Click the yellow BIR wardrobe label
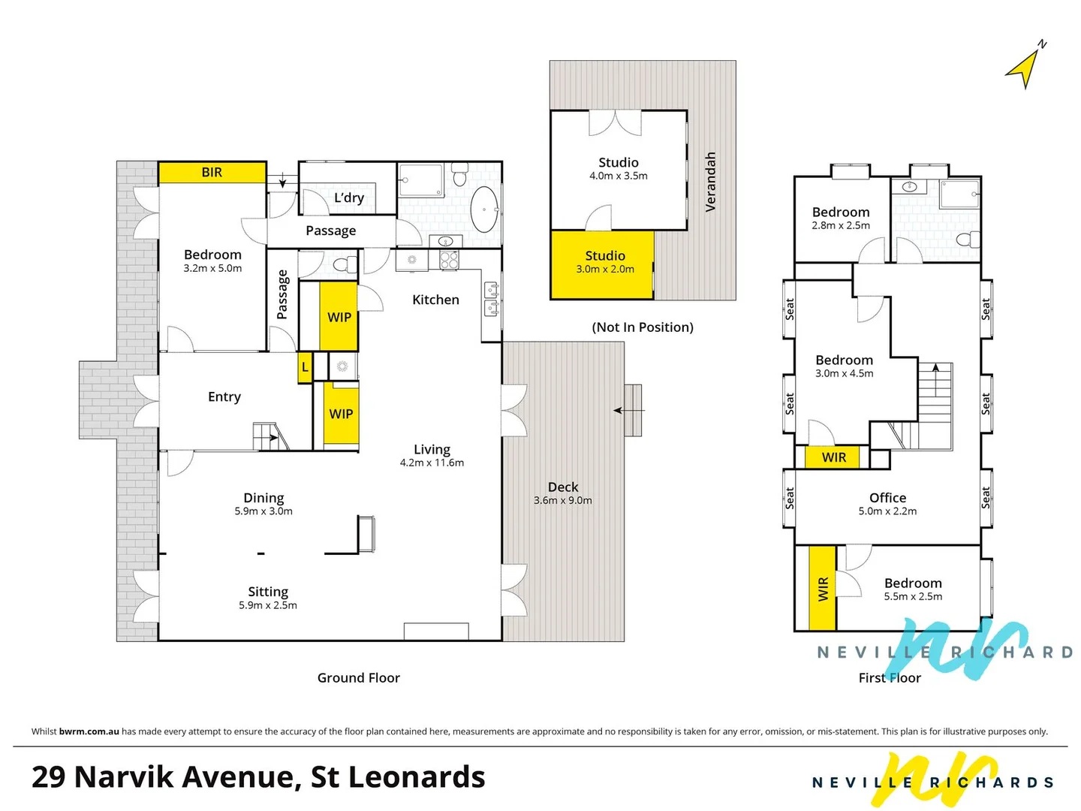click(x=212, y=173)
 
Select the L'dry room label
click(x=349, y=197)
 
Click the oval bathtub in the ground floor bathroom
click(x=483, y=210)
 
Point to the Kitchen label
click(x=435, y=300)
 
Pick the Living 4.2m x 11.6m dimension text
click(x=432, y=463)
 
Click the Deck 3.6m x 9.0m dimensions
click(x=563, y=500)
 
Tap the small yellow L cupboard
click(x=305, y=368)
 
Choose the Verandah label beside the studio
click(x=710, y=182)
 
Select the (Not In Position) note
click(x=643, y=327)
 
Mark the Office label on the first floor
click(x=887, y=498)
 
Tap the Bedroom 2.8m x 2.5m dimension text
click(x=841, y=225)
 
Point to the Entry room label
click(x=224, y=396)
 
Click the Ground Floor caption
click(x=358, y=678)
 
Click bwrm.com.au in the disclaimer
click(x=89, y=731)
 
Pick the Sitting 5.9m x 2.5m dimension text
click(x=268, y=605)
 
